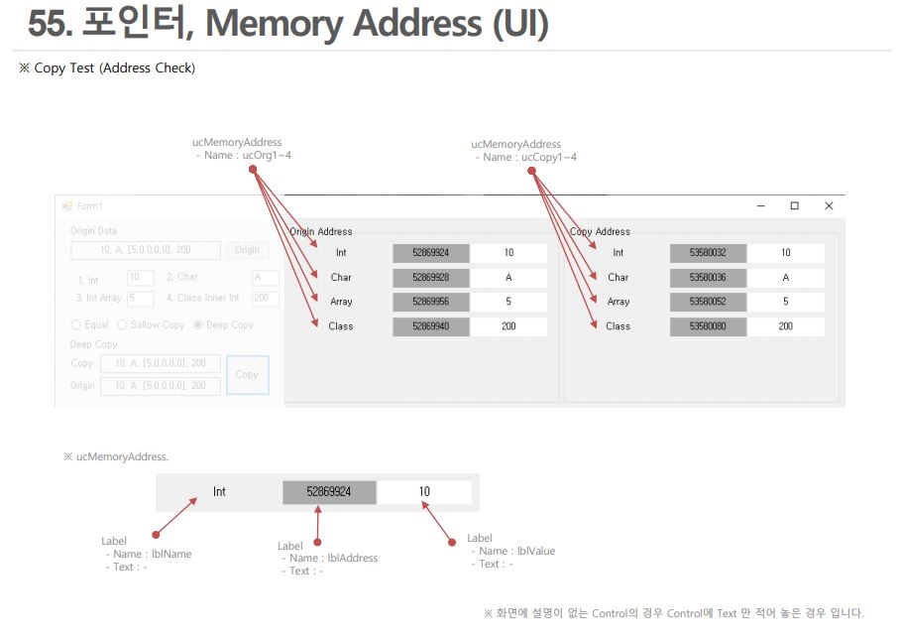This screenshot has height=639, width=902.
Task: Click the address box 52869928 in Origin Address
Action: point(430,278)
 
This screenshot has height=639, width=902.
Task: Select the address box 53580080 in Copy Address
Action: point(708,326)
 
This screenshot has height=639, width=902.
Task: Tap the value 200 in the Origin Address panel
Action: point(508,326)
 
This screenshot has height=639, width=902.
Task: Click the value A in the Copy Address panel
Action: point(786,278)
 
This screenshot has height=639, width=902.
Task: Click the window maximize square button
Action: point(794,205)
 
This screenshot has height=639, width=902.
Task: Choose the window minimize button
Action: point(760,205)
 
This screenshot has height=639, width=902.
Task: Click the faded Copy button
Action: point(248,374)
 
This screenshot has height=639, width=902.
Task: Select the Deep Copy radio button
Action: point(198,324)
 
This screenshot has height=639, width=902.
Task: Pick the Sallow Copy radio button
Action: point(123,324)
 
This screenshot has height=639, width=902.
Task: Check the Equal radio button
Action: point(76,324)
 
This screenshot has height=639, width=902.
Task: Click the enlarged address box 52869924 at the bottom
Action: point(328,492)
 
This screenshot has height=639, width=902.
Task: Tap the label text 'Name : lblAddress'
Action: point(333,559)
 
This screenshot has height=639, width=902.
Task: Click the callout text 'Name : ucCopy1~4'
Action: point(529,158)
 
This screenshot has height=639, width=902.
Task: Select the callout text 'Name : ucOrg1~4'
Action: point(248,156)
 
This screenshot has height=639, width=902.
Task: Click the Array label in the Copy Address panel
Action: point(619,302)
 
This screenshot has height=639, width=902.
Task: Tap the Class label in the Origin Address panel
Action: point(341,326)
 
